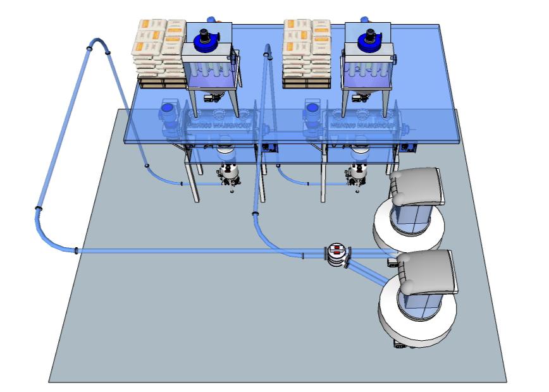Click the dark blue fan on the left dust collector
(x=206, y=42)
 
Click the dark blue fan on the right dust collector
(x=369, y=42)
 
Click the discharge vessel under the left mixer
(x=229, y=174)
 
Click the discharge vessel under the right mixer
(x=358, y=174)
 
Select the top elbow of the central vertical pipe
(x=268, y=51)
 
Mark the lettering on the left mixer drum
(x=218, y=125)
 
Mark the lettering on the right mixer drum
(x=361, y=125)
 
